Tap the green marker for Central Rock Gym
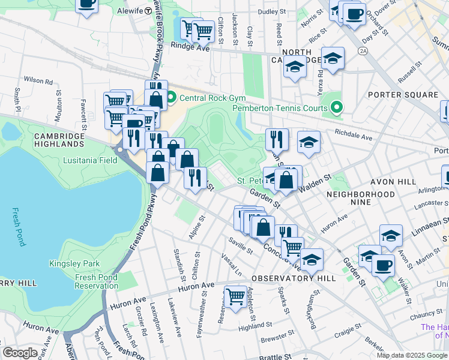coord(171,96)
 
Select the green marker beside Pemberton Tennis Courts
coord(337,108)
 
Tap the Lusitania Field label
coord(89,161)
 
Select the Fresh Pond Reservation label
coord(97,281)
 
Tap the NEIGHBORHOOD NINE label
coord(361,194)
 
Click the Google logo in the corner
coord(20,353)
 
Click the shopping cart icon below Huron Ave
coord(235,295)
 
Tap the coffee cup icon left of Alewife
coord(87,4)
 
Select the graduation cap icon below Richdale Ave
coord(309,142)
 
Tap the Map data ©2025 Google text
coord(412,355)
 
